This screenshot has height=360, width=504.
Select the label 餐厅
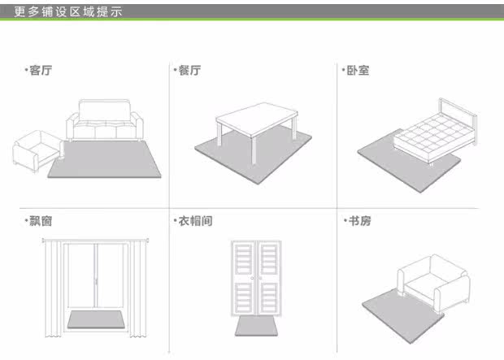pyautogui.click(x=188, y=71)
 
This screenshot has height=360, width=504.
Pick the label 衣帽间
pyautogui.click(x=194, y=220)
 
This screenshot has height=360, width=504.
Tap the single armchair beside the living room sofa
pyautogui.click(x=37, y=151)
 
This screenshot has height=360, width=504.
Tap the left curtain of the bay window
pyautogui.click(x=53, y=284)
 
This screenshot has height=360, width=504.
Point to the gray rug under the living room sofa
pyautogui.click(x=106, y=163)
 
